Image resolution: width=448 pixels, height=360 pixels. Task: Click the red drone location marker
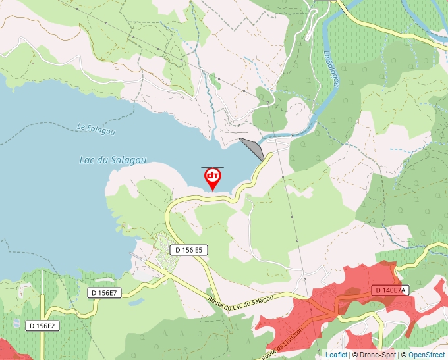click(213, 178)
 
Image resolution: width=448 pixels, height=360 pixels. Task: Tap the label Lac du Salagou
click(112, 160)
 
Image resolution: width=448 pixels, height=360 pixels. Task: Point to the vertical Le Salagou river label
click(332, 70)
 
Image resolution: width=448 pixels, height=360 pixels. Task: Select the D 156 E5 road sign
click(189, 250)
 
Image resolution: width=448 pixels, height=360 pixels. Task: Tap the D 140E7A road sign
click(391, 290)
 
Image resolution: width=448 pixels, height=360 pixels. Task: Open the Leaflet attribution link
click(336, 355)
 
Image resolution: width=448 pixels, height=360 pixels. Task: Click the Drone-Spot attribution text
click(377, 355)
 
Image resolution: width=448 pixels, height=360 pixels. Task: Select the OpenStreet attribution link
click(426, 355)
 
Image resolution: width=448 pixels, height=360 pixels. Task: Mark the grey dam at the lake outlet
click(253, 148)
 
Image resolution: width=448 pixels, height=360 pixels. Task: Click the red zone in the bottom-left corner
click(10, 349)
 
